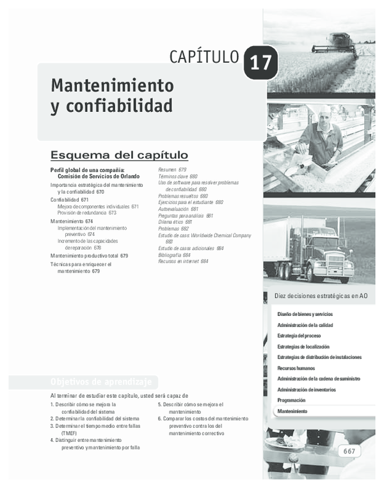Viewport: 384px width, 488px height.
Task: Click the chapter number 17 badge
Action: (x=260, y=63)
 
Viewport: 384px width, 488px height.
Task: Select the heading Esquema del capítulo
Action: (x=119, y=155)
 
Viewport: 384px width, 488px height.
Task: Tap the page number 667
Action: (x=349, y=451)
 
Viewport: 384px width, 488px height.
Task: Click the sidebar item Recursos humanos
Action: (x=296, y=368)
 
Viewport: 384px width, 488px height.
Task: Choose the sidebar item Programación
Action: (x=291, y=400)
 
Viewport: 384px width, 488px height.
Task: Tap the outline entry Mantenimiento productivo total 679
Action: (x=89, y=256)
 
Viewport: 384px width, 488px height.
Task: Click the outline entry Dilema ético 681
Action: (x=175, y=222)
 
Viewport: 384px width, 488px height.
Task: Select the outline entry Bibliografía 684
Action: (x=179, y=255)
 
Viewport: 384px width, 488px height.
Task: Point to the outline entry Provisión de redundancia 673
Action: (x=87, y=213)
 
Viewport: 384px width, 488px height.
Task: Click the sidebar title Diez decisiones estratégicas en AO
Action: (x=321, y=296)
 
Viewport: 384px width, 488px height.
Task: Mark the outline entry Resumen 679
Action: (x=172, y=169)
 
